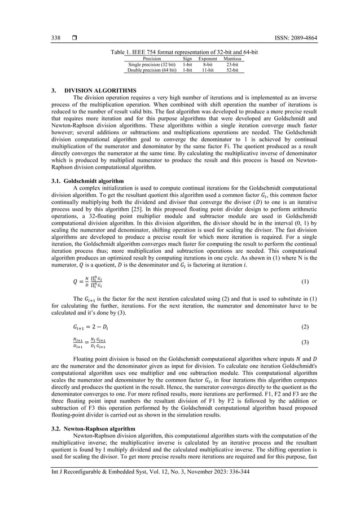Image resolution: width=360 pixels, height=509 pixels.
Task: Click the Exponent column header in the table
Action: click(x=208, y=58)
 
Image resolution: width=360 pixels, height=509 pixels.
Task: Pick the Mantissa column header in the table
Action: click(x=232, y=58)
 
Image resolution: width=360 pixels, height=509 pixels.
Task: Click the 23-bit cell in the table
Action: click(x=232, y=64)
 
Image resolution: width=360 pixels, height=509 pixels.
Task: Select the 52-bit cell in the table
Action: click(x=232, y=71)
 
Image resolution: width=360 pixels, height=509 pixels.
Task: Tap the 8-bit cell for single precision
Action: click(x=208, y=64)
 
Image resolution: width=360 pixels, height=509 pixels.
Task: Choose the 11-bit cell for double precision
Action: click(x=208, y=71)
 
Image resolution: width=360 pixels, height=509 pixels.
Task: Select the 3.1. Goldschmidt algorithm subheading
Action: click(x=85, y=181)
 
